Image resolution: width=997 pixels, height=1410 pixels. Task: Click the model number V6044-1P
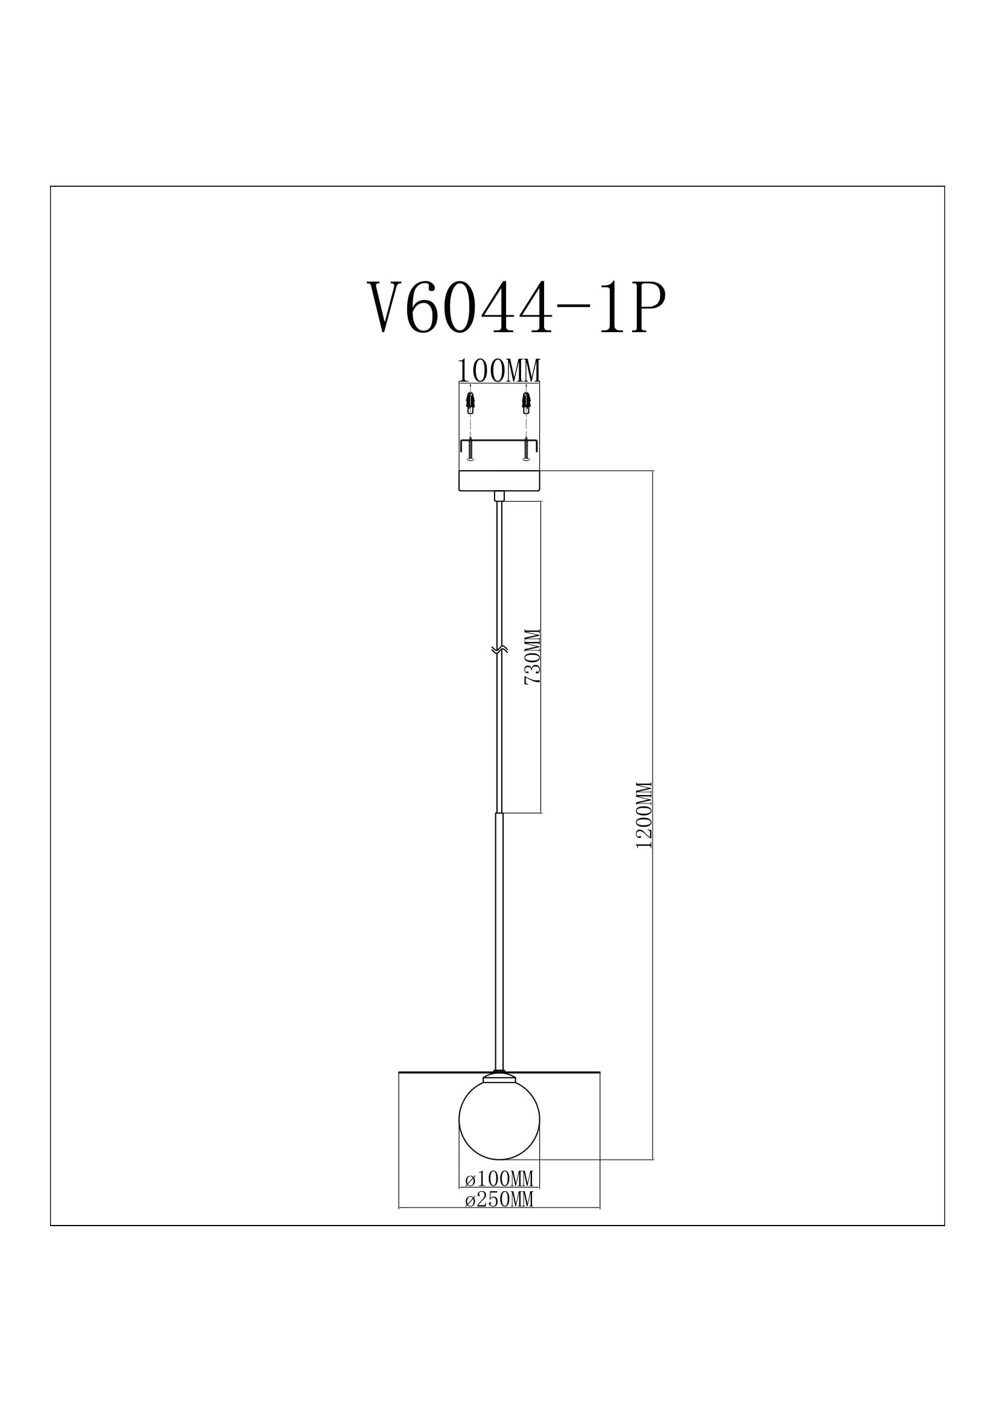click(516, 307)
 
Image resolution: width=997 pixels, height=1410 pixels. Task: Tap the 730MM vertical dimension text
click(532, 656)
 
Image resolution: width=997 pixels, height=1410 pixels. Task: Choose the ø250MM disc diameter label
click(499, 1199)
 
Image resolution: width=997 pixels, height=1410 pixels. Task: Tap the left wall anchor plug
click(470, 402)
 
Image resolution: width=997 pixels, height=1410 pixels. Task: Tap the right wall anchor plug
click(527, 402)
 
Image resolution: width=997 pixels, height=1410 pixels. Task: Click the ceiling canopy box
click(499, 480)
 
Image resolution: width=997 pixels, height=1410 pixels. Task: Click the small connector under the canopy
click(499, 496)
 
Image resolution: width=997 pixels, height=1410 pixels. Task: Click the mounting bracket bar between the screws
click(499, 440)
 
